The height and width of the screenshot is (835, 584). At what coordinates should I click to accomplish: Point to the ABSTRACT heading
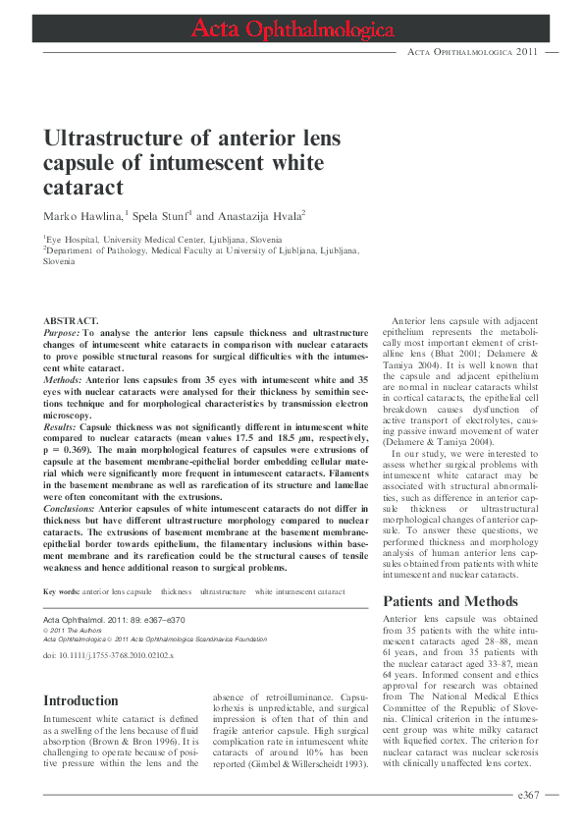point(71,321)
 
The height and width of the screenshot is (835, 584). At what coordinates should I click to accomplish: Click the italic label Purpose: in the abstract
point(63,334)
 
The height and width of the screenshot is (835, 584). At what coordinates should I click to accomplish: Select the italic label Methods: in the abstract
point(64,378)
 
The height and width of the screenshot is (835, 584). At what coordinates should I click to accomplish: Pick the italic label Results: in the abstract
point(61,427)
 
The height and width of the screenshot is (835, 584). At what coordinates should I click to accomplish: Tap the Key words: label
point(61,591)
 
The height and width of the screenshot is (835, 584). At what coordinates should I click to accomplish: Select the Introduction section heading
point(81,700)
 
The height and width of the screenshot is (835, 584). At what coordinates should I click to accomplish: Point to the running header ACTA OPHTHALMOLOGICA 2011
point(473,50)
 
